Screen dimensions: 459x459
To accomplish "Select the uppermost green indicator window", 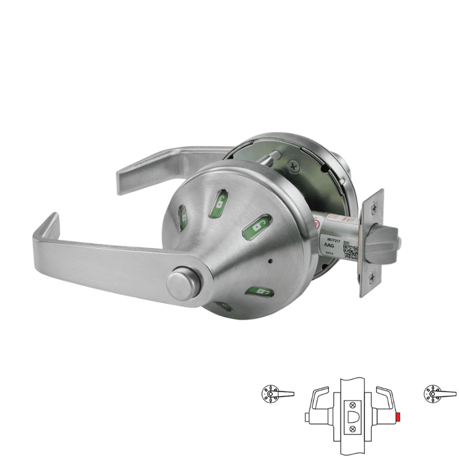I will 220,201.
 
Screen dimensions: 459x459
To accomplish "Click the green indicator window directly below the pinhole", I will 259,293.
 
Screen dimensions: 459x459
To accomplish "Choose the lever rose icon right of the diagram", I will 434,392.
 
